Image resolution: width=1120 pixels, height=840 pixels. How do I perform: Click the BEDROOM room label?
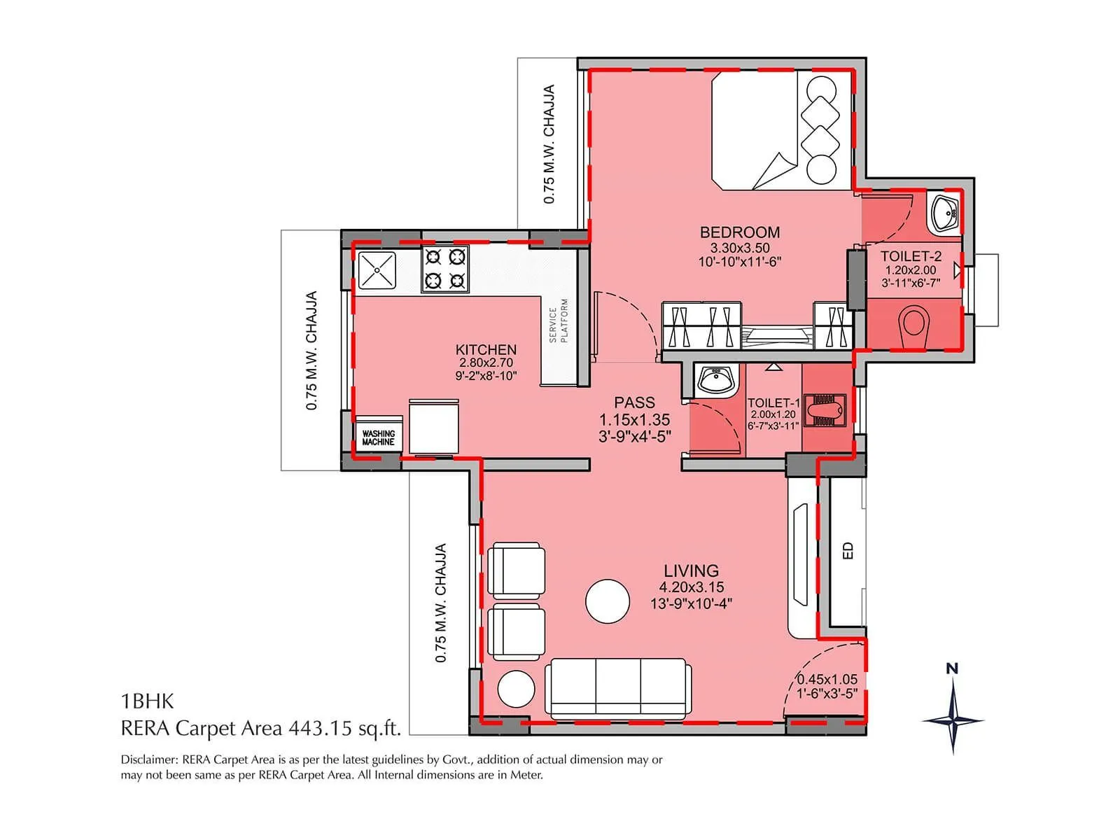[739, 232]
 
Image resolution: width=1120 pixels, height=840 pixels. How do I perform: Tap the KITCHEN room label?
[486, 349]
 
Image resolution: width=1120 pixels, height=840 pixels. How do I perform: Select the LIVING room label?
[691, 570]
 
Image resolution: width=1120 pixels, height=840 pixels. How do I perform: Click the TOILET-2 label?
[911, 256]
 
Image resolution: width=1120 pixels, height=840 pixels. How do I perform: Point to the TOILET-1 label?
[773, 403]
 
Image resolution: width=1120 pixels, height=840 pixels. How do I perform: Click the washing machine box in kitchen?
[378, 438]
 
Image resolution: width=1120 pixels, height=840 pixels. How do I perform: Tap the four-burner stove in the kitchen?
[444, 269]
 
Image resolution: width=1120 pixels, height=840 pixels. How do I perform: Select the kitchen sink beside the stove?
[377, 270]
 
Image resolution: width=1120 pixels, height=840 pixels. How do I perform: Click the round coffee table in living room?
[608, 601]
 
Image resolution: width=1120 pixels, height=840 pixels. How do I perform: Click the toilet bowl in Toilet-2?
[911, 324]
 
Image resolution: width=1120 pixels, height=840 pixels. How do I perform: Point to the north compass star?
[953, 720]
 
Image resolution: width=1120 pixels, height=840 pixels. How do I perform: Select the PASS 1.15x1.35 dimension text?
[634, 420]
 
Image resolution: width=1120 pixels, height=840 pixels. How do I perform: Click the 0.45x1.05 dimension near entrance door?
[827, 680]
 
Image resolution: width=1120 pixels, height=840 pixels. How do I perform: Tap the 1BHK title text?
[147, 701]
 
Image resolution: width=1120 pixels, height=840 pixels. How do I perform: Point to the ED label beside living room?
[848, 550]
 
